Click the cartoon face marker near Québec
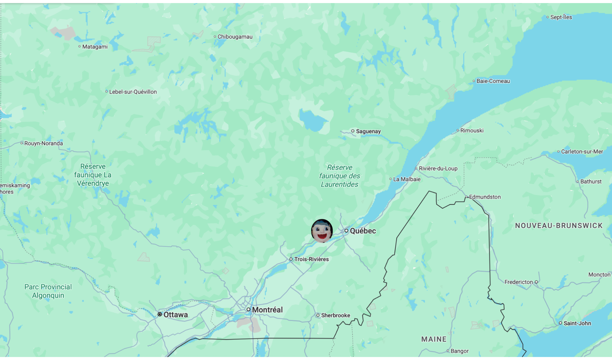[322, 231]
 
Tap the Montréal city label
[267, 310]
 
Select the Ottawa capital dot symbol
[160, 314]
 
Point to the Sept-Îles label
[561, 17]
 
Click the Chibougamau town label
[235, 37]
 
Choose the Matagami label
[95, 47]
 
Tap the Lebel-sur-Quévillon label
[133, 92]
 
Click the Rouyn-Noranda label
[43, 143]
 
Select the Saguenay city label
[368, 131]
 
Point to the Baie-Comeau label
[493, 81]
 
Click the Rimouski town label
[472, 131]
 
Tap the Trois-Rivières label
[311, 259]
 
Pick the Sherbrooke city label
[335, 315]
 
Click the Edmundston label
[485, 197]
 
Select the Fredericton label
[518, 282]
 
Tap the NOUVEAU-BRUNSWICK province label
[559, 226]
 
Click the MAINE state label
[434, 339]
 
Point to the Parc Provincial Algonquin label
[48, 291]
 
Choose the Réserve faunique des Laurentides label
[339, 176]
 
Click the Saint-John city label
[577, 323]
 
